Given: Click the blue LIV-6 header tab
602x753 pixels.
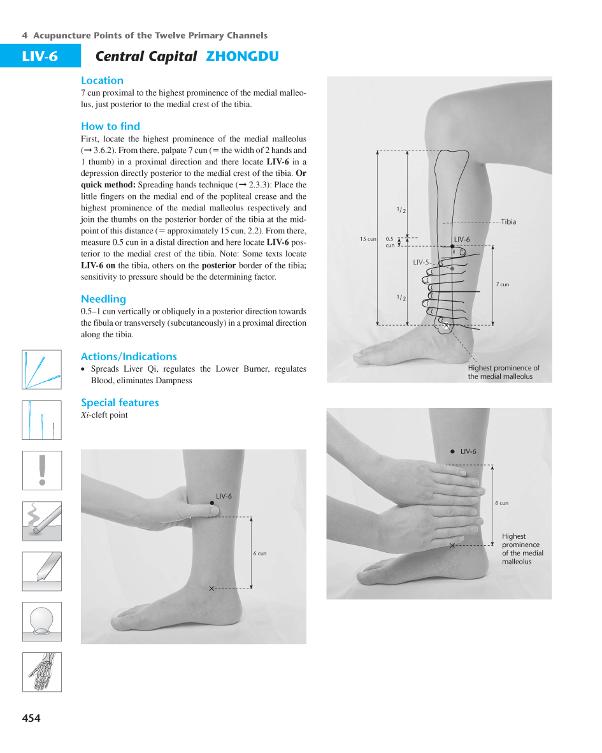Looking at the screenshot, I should click(40, 56).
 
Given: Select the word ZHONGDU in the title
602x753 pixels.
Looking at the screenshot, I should click(242, 57).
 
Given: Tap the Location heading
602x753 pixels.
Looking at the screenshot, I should click(102, 80).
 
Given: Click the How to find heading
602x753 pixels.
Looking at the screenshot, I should click(110, 126).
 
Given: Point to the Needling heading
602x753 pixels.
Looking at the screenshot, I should click(103, 299).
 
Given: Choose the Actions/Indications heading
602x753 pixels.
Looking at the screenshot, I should click(129, 356).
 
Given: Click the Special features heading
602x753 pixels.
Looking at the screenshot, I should click(120, 402).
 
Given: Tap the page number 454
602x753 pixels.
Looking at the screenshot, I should click(31, 719).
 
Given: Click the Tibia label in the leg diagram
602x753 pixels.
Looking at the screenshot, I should click(508, 222).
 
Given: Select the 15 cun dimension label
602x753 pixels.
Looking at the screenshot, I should click(368, 239).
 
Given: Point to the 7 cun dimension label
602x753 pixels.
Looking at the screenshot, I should click(503, 284).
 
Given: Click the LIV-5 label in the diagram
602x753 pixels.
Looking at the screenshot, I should click(421, 262).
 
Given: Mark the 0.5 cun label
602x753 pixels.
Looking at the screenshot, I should click(390, 242).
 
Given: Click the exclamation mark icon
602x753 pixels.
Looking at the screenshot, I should click(42, 470).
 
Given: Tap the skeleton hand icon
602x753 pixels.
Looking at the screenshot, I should click(42, 671).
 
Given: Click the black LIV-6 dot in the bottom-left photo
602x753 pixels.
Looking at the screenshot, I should click(212, 504).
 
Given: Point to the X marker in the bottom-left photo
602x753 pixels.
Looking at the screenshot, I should click(211, 588).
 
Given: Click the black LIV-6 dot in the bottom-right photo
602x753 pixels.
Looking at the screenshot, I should click(452, 451).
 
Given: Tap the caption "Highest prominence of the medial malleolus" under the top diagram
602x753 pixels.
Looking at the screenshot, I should click(503, 372).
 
